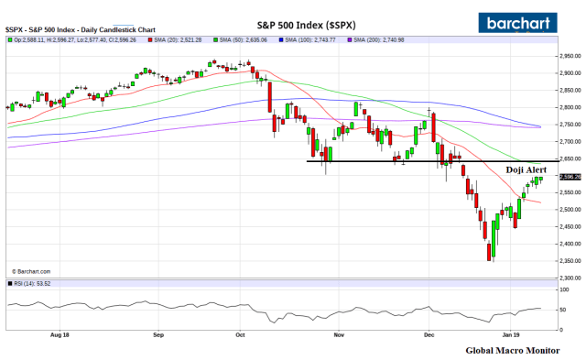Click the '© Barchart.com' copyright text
32,271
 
